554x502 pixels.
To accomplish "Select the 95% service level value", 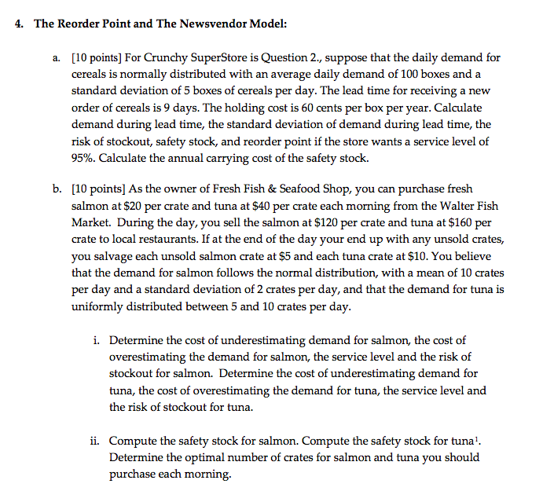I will pyautogui.click(x=83, y=157).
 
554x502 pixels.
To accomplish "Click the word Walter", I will pyautogui.click(x=449, y=207).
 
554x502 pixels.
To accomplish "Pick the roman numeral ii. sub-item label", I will pyautogui.click(x=97, y=442).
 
